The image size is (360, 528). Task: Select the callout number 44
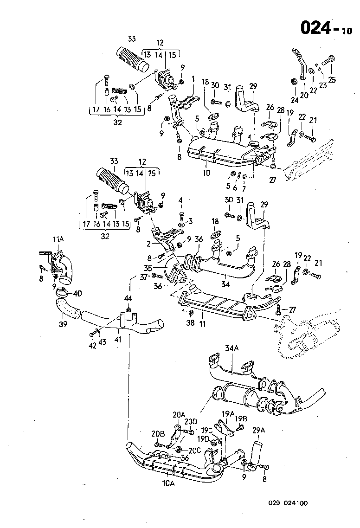pyautogui.click(x=128, y=297)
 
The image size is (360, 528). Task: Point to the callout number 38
pyautogui.click(x=190, y=323)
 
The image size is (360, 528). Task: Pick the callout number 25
pyautogui.click(x=332, y=78)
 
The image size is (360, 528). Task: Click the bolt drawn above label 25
pyautogui.click(x=329, y=60)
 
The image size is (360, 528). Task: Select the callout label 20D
pyautogui.click(x=191, y=421)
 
